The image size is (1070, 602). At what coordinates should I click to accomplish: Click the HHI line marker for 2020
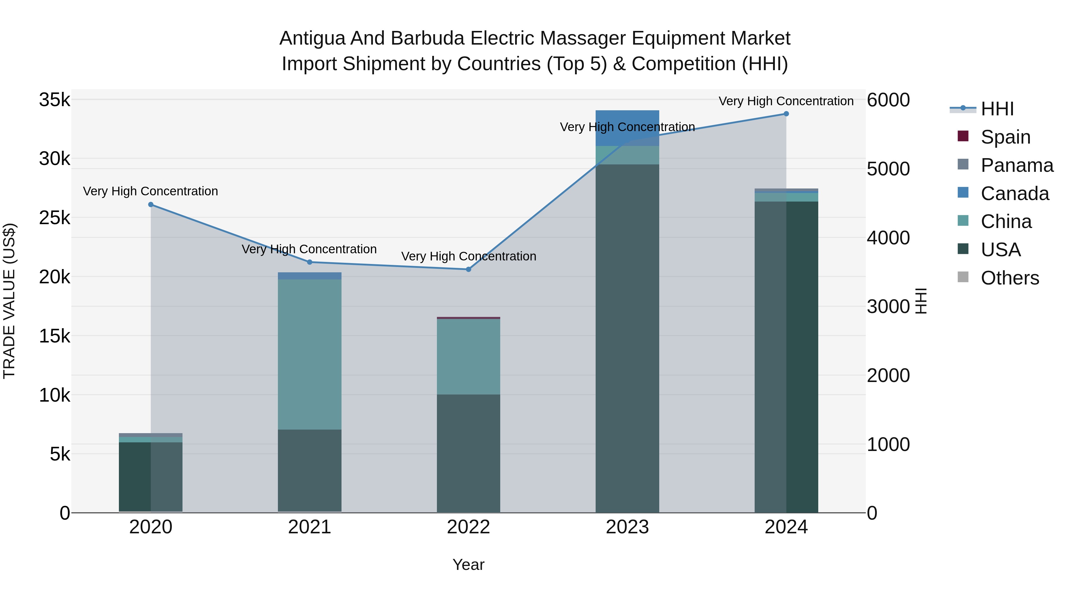(x=151, y=205)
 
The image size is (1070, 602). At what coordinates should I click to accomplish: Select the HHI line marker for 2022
(x=468, y=269)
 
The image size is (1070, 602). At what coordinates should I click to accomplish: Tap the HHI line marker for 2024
(x=786, y=114)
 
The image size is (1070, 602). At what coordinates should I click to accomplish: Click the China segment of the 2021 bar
(x=309, y=354)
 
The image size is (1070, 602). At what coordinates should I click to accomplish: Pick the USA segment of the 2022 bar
(x=468, y=453)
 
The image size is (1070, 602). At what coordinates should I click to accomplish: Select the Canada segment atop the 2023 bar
(x=627, y=128)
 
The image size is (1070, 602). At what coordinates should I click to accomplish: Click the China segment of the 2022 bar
(x=468, y=356)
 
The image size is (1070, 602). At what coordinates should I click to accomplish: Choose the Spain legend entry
(x=1005, y=137)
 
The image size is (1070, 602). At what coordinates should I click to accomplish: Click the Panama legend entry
(x=1016, y=165)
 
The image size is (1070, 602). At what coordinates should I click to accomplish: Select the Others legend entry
(x=1009, y=278)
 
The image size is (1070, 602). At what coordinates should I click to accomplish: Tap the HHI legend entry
(x=997, y=109)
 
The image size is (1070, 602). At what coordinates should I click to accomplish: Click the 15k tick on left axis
(x=54, y=336)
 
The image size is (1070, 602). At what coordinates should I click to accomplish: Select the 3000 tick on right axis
(x=888, y=306)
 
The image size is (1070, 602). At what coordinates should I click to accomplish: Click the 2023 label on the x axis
(x=627, y=527)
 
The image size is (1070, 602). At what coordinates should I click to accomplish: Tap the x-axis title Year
(x=468, y=565)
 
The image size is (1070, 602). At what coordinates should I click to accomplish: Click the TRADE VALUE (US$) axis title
(x=9, y=301)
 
